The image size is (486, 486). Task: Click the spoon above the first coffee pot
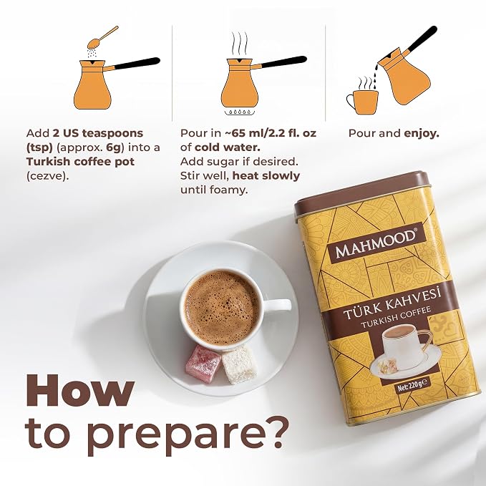tap(102, 37)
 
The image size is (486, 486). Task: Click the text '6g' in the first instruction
tap(113, 147)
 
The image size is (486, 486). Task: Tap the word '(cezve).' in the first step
tap(47, 176)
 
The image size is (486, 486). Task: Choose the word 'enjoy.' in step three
tap(422, 134)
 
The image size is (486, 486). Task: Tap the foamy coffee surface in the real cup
tap(222, 308)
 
